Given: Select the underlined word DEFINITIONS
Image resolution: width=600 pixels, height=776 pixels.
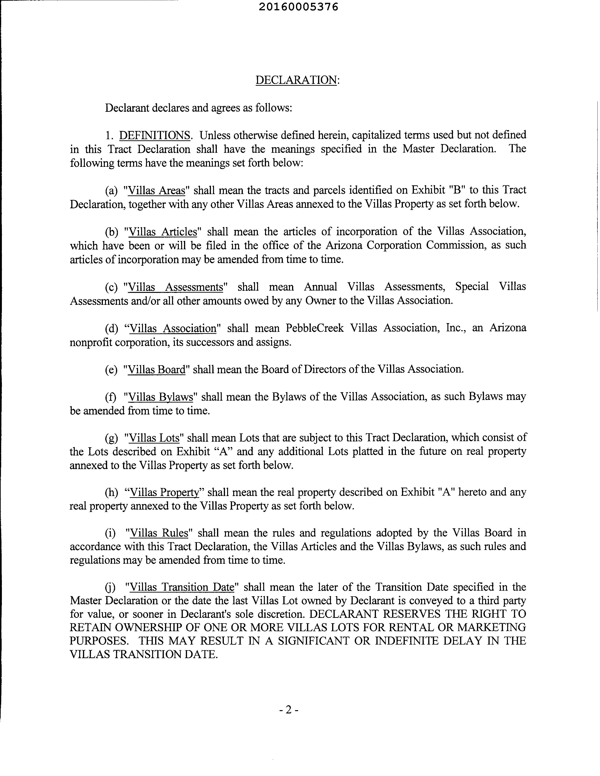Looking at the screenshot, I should tap(155, 135).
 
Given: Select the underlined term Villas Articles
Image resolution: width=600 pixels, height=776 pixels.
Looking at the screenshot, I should tap(162, 232).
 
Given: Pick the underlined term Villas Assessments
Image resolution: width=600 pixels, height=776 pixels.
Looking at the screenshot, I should tap(175, 287).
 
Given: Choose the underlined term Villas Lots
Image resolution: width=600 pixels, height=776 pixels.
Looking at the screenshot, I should tap(154, 438).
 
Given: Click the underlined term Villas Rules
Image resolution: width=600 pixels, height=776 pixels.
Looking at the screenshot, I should tap(159, 533).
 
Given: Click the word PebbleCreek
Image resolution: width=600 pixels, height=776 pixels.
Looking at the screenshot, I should tap(315, 328).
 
